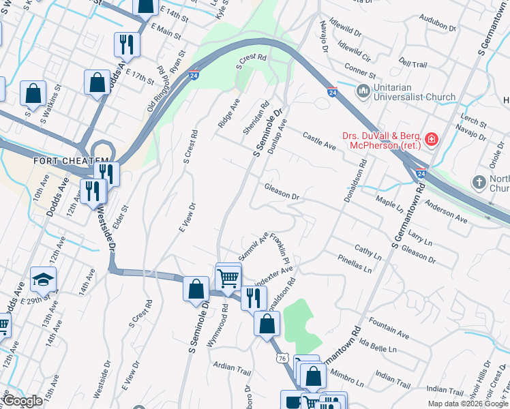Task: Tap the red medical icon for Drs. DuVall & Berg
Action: point(431,140)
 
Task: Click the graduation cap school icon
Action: point(43,280)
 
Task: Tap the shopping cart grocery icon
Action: point(228,277)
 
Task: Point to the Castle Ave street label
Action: point(320,142)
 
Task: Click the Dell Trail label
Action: point(412,63)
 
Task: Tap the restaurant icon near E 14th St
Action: point(126,44)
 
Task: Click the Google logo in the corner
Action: point(22,401)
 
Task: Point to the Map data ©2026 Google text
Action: point(468,404)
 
